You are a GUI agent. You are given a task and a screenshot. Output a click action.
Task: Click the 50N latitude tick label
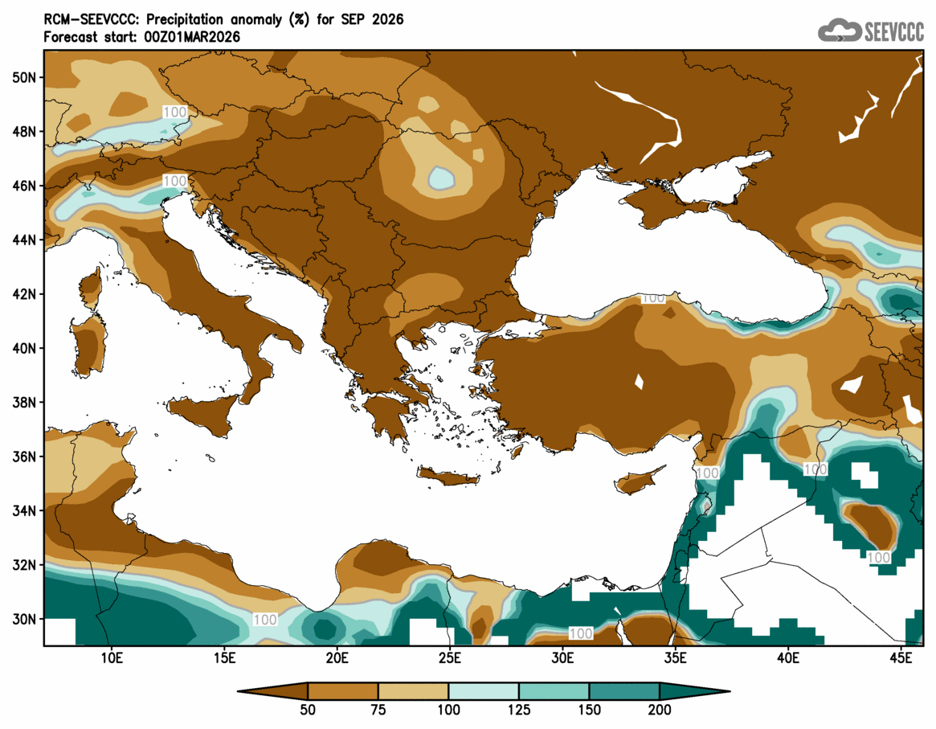tap(25, 77)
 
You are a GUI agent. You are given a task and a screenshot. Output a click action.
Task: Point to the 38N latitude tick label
tap(25, 403)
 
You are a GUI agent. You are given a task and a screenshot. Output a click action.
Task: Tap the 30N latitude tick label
tap(25, 620)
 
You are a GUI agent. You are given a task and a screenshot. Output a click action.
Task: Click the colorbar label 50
tap(308, 710)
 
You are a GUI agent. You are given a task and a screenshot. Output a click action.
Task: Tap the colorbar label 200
tap(660, 710)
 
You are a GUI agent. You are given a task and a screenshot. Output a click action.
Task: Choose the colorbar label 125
tap(519, 710)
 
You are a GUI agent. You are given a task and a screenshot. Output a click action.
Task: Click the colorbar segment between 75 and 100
tap(413, 691)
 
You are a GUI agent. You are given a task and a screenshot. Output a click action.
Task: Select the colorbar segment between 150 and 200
tap(624, 691)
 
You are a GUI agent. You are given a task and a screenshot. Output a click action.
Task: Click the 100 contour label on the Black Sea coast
tap(653, 298)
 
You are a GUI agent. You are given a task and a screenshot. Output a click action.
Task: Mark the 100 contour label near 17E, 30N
tap(264, 620)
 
